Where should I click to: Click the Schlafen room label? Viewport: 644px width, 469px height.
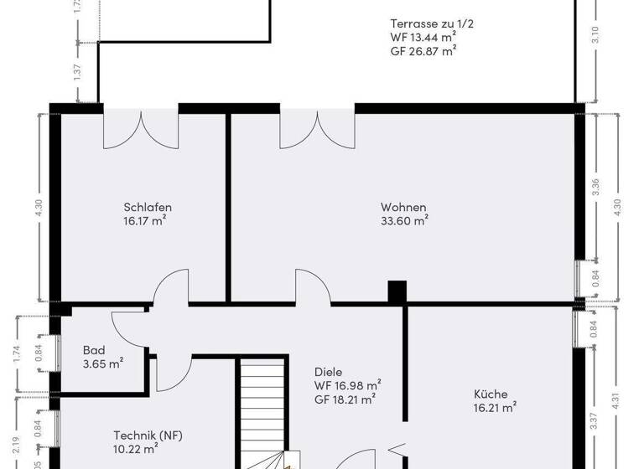[x=148, y=208]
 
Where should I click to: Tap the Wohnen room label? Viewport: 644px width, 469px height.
[x=403, y=208]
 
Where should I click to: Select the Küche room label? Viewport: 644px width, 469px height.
[x=491, y=394]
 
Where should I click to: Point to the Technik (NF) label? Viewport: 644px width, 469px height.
[x=148, y=435]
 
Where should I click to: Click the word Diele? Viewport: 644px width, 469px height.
[x=329, y=372]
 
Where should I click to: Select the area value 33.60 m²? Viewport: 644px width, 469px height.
[x=404, y=222]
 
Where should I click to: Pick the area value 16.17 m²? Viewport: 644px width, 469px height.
[x=144, y=222]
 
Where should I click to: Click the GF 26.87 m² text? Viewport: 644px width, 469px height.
[x=423, y=51]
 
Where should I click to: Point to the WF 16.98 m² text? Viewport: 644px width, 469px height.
[x=348, y=385]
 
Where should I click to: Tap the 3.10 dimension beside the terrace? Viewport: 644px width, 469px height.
[x=595, y=34]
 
